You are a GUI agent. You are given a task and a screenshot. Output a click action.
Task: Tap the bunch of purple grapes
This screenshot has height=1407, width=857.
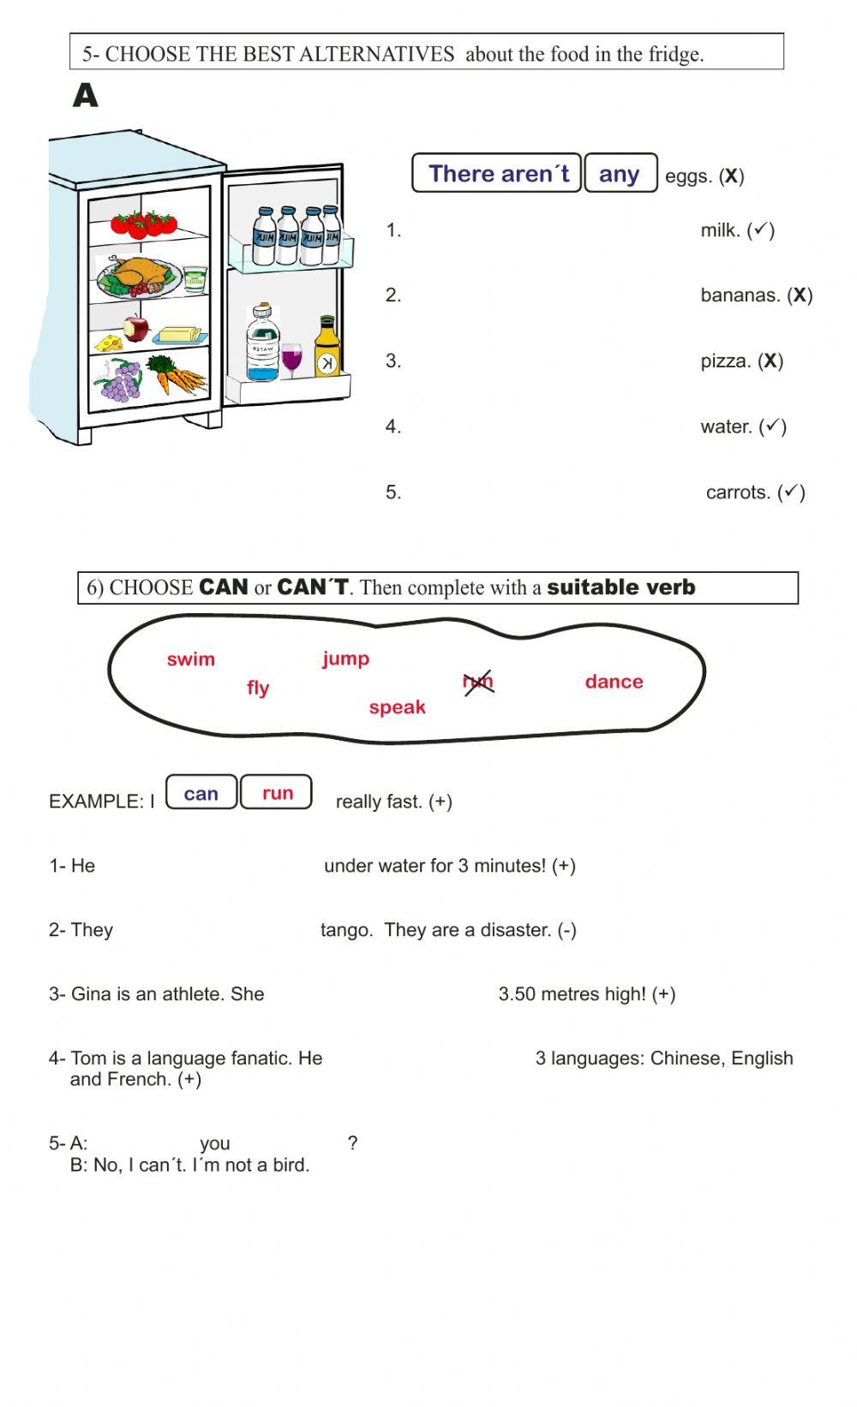click(121, 380)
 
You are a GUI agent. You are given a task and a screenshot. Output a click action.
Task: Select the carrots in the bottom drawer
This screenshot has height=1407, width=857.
click(177, 374)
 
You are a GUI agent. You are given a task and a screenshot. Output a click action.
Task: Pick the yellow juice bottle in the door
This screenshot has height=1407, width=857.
click(327, 347)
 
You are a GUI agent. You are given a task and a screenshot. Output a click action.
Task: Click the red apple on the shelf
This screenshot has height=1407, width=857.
click(135, 327)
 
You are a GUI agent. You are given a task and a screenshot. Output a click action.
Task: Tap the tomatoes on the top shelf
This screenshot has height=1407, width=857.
click(143, 223)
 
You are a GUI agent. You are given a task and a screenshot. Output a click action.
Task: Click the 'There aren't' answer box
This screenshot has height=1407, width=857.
click(497, 174)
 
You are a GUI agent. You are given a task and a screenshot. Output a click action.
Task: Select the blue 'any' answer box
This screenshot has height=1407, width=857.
click(620, 174)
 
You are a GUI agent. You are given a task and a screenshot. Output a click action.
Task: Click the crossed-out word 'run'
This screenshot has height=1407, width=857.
click(478, 682)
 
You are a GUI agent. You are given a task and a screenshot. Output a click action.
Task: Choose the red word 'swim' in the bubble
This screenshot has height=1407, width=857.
click(191, 659)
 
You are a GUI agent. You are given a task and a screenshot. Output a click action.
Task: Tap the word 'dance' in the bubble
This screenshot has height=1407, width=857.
click(614, 682)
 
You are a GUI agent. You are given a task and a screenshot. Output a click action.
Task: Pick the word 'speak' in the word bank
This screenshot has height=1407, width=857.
click(397, 707)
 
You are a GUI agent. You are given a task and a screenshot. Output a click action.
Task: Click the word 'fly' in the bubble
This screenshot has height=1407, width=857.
click(258, 688)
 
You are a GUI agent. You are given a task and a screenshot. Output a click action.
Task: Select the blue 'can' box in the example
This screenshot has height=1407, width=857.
click(201, 793)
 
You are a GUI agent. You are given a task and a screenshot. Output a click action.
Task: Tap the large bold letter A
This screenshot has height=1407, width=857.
click(86, 96)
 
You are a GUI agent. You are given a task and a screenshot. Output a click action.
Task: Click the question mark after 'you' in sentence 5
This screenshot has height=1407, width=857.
click(353, 1142)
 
